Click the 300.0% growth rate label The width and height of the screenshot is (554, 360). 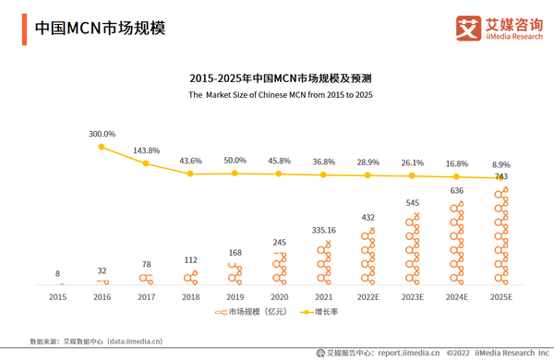(102, 134)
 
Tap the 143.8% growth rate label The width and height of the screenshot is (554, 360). (146, 150)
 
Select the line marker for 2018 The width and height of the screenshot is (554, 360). (191, 174)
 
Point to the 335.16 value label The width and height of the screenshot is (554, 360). (323, 230)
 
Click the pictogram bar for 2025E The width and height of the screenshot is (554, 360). (501, 236)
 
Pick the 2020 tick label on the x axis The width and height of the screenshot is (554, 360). (279, 297)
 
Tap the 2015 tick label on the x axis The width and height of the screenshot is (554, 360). (57, 297)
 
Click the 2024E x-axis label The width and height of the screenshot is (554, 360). (456, 297)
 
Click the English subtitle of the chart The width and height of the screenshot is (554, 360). (281, 95)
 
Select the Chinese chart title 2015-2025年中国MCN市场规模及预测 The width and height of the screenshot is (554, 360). (281, 78)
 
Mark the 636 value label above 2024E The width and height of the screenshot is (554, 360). (457, 191)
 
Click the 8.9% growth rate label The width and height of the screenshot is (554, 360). (501, 162)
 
